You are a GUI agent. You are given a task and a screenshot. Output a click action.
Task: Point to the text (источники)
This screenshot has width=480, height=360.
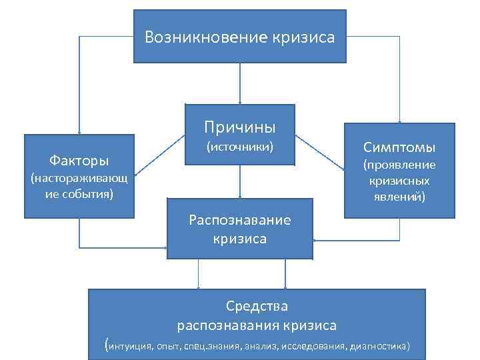tap(240, 145)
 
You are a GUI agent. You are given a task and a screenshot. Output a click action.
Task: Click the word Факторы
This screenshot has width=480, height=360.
tap(79, 160)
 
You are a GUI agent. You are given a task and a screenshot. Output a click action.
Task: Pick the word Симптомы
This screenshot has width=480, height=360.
tap(399, 147)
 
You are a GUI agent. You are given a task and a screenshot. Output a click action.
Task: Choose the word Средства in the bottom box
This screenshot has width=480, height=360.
tap(257, 307)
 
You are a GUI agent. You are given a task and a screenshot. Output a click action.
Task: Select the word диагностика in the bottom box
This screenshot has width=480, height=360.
tap(380, 347)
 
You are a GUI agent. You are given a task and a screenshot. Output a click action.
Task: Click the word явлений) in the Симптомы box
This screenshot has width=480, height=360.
tap(399, 197)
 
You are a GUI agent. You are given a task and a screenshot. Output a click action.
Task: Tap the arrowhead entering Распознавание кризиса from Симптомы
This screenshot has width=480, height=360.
tap(318, 240)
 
